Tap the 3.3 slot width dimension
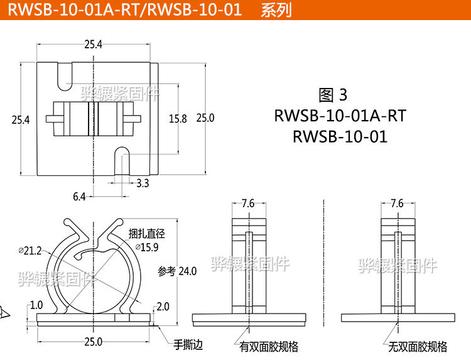tap(143, 183)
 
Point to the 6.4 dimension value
tap(79, 197)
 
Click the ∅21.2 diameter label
tap(30, 250)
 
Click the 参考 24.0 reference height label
tap(178, 271)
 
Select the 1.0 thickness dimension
tap(36, 305)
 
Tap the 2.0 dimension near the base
tap(163, 306)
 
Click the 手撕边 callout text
tap(188, 344)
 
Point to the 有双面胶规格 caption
tap(269, 346)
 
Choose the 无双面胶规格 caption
tap(418, 346)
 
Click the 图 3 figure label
tap(333, 95)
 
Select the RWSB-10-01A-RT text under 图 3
tap(340, 116)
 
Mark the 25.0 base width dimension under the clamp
tap(93, 342)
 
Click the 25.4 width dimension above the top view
tap(92, 43)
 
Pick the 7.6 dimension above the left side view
tap(248, 203)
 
